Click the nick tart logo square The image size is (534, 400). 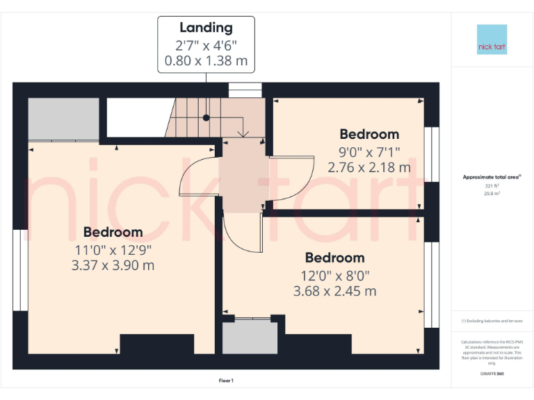[x=492, y=40]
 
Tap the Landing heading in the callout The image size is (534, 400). [x=206, y=28]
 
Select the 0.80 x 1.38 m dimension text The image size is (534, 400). [x=206, y=61]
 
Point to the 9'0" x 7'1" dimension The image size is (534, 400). [x=369, y=151]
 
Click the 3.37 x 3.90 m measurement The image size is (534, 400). [x=113, y=265]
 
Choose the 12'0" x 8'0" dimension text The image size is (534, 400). [x=334, y=275]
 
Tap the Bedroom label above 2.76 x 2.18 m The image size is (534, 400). [x=369, y=134]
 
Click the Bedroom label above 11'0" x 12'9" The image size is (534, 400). [x=113, y=232]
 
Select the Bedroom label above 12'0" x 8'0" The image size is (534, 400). [x=334, y=258]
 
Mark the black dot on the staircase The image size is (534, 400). [x=206, y=118]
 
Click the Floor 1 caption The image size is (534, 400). [x=226, y=381]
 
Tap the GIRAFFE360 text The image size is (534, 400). [x=492, y=374]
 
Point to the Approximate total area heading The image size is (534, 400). [x=492, y=177]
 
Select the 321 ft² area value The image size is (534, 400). [x=492, y=186]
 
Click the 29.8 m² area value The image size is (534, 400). [x=492, y=194]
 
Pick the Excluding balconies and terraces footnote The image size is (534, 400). [x=492, y=321]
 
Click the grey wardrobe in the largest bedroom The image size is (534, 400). [x=63, y=119]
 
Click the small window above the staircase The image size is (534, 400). [x=245, y=90]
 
